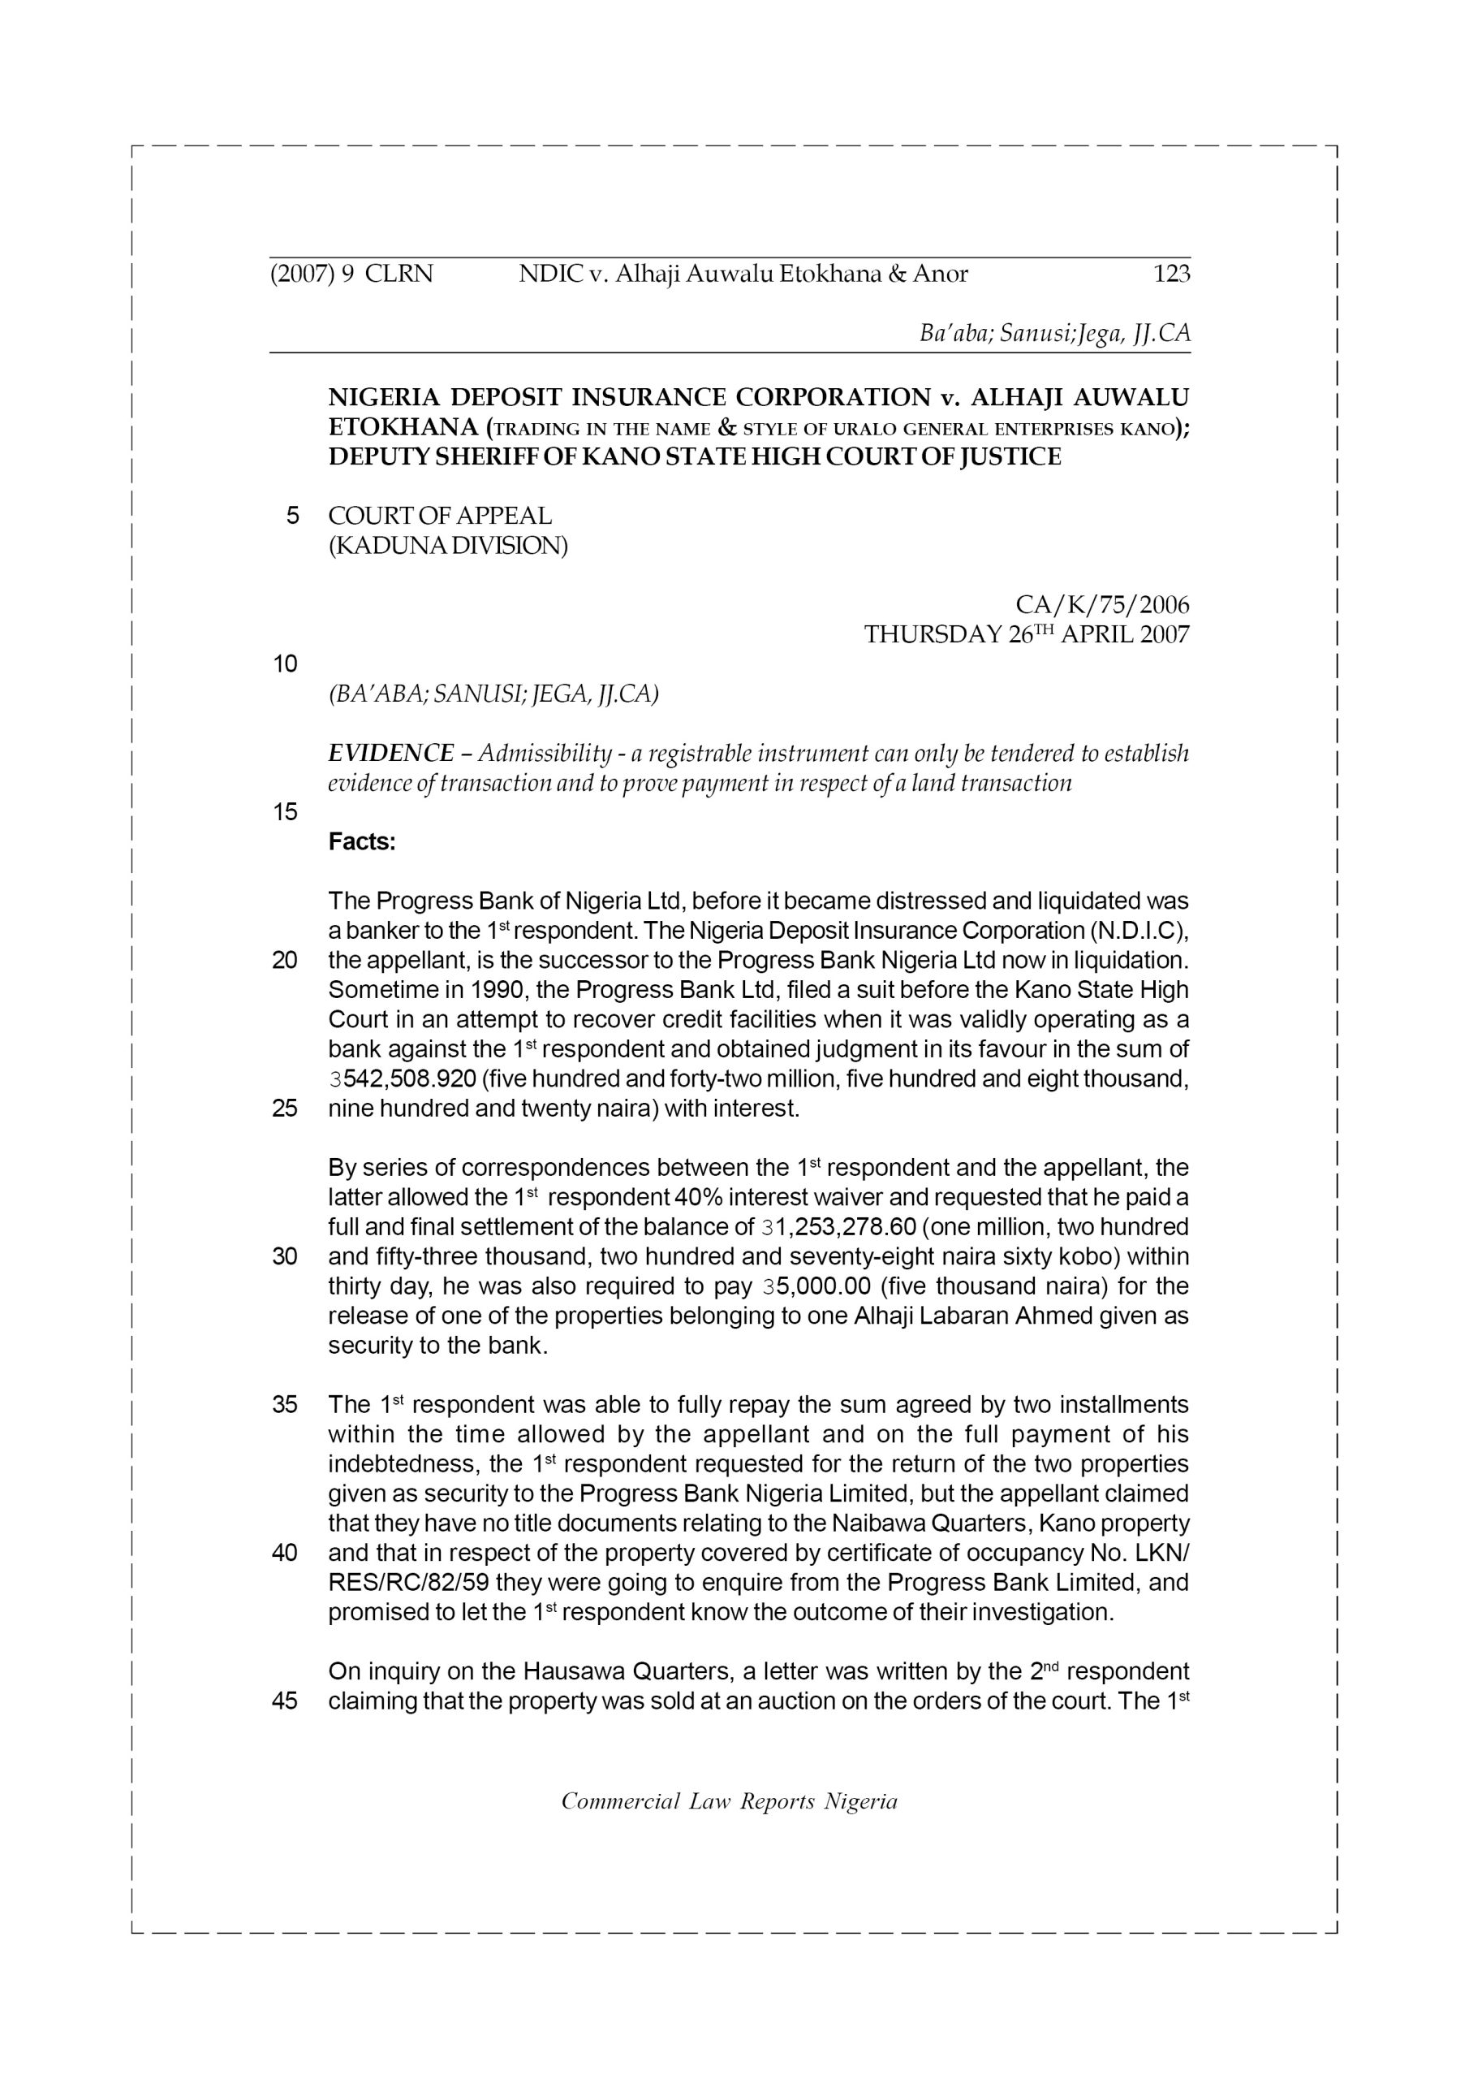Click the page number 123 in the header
pos(1171,274)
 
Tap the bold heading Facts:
pos(362,842)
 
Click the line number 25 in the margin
pos(285,1109)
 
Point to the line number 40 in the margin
pos(285,1553)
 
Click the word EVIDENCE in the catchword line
pos(391,754)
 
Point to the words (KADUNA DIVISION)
pos(448,546)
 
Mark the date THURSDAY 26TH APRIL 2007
pos(1027,635)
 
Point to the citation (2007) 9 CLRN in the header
pos(351,274)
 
